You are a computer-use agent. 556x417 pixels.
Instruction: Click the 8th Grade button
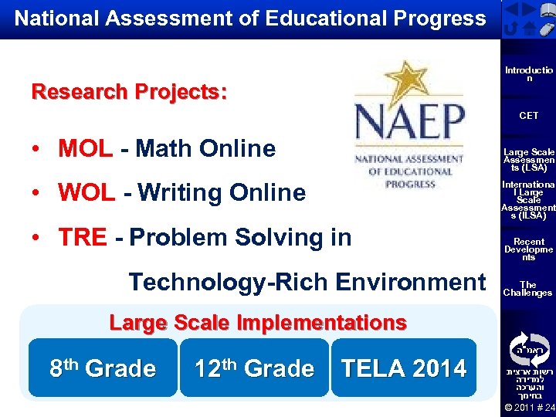[103, 368]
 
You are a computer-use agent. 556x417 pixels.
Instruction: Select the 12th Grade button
[254, 368]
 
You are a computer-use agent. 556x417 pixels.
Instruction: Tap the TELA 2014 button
[404, 368]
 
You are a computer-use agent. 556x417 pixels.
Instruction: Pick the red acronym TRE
[82, 237]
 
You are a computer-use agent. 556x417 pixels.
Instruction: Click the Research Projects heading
[129, 92]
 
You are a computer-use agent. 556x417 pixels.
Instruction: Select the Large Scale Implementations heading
[258, 322]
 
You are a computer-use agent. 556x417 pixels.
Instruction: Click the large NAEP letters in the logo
[409, 124]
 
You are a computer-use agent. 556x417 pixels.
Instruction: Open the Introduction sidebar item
[528, 74]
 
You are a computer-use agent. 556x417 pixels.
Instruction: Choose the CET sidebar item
[528, 116]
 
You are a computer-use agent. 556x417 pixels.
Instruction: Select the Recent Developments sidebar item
[528, 249]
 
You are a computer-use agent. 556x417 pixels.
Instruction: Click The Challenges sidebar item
[528, 289]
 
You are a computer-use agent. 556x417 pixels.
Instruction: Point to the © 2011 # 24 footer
[528, 407]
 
